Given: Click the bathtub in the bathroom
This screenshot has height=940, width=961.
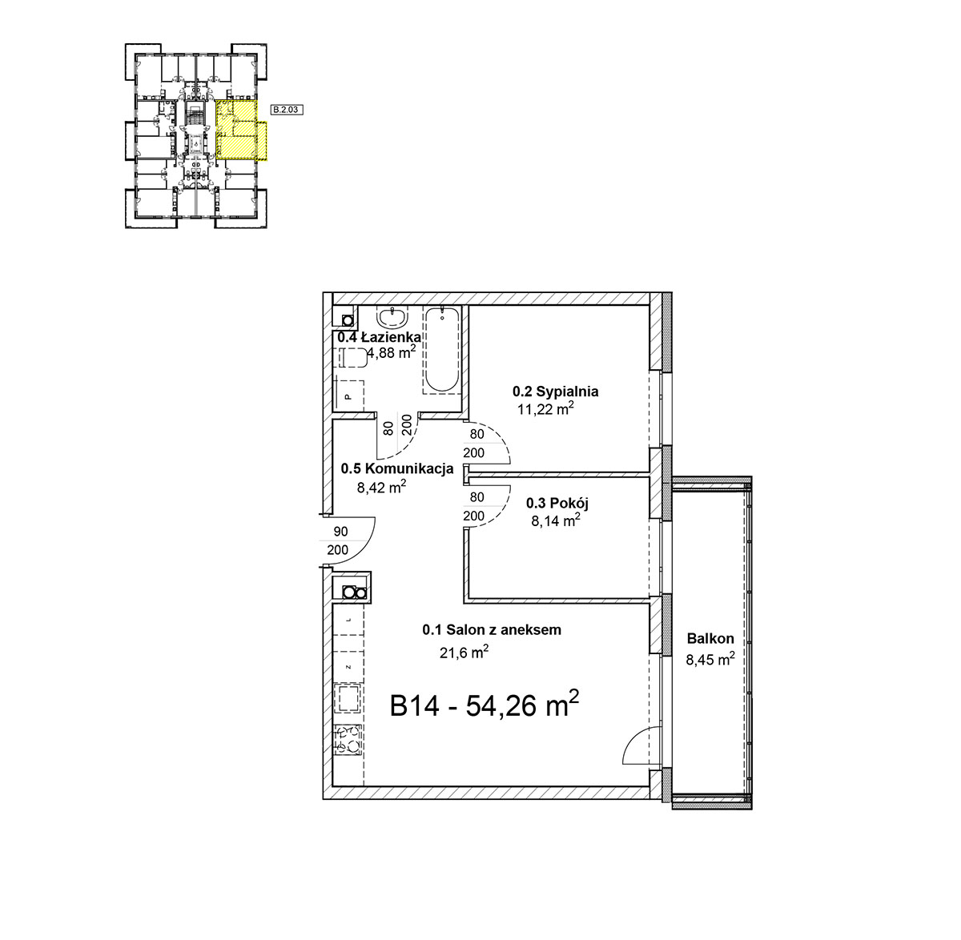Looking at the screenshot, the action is pos(442,350).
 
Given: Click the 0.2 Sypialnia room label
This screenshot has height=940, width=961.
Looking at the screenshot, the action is pos(555,392).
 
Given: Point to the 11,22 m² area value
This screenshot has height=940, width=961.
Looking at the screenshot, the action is pos(545,408).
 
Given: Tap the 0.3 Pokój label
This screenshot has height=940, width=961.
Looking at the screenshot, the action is pos(557,503).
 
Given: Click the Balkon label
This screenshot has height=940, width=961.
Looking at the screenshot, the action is pos(710,638).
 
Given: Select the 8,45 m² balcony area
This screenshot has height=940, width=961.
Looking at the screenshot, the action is pos(710,659).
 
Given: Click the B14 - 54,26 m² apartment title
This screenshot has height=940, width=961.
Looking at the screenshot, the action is pos(484,705).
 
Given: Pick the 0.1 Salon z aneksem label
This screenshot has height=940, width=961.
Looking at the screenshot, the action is pos(492,629).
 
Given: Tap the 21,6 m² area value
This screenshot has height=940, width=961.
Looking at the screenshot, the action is pos(464,652).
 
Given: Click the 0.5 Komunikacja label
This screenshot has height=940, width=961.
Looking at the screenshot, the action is pos(397,468).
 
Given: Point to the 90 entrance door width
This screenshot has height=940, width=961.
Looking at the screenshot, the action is pos(340,531).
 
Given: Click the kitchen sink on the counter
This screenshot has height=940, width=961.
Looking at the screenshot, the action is pos(348,698).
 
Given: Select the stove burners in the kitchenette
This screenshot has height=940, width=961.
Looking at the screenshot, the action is pos(348,741).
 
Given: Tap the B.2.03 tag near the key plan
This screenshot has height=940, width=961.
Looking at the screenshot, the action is pos(286,110).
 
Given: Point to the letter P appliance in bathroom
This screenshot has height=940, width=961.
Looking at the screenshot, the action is pos(348,396).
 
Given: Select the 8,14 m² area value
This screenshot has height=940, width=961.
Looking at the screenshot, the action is pos(556,520).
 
